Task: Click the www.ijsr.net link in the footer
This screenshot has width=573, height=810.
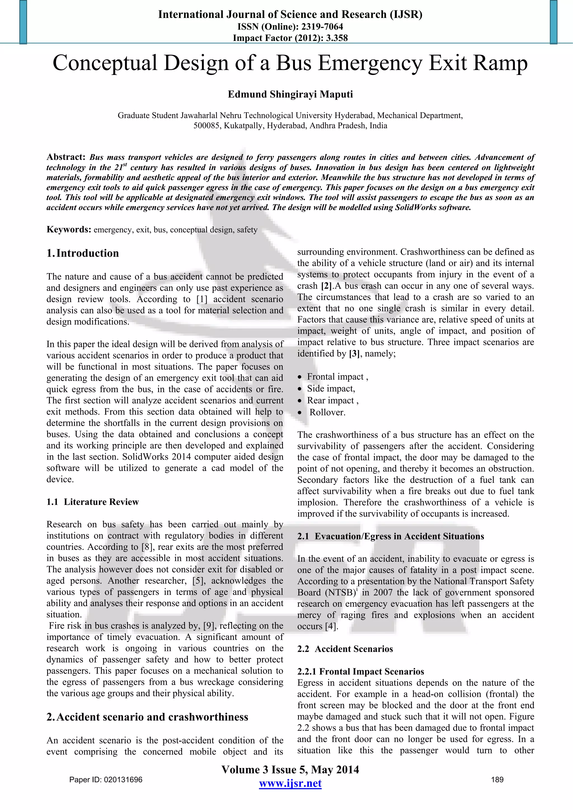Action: point(290,783)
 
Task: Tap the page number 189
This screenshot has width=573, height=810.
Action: point(497,780)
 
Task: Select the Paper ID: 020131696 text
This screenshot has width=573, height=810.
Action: point(106,780)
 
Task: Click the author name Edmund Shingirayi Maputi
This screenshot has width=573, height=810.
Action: point(290,94)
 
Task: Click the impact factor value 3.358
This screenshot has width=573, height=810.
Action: point(337,38)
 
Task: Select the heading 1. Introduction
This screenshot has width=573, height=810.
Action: point(83,253)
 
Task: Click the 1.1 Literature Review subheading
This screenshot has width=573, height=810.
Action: point(93,502)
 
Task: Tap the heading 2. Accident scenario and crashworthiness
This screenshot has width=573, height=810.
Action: point(147,717)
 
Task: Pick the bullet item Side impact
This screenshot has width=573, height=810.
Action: point(331,389)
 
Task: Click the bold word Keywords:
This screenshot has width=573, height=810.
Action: point(69,230)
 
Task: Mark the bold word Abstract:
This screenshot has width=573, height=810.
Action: point(66,157)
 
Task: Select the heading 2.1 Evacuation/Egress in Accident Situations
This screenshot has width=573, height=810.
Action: point(391,536)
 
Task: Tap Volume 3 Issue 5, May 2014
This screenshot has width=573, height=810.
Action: point(290,769)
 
